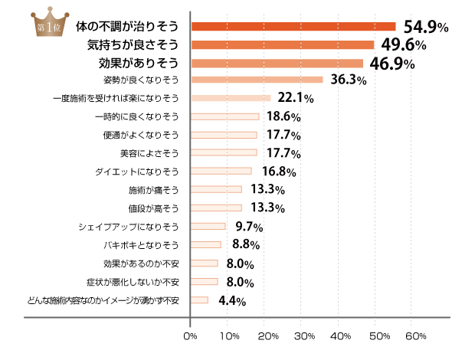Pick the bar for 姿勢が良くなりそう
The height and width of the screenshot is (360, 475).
pyautogui.click(x=257, y=80)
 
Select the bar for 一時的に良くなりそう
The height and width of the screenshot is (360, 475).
pyautogui.click(x=224, y=116)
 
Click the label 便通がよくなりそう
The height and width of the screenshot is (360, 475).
pyautogui.click(x=141, y=135)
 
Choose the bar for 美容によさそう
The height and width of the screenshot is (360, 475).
pyautogui.click(x=224, y=152)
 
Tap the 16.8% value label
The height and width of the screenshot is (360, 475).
pyautogui.click(x=280, y=172)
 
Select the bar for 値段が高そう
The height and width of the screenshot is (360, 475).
pyautogui.click(x=216, y=208)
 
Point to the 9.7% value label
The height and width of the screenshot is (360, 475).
pyautogui.click(x=249, y=227)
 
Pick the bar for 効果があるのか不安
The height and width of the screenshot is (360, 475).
pyautogui.click(x=205, y=263)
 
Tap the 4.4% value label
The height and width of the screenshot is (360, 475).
pyautogui.click(x=232, y=301)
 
